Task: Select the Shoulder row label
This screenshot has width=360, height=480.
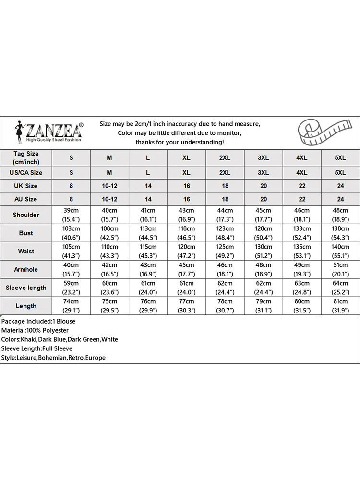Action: click(x=26, y=215)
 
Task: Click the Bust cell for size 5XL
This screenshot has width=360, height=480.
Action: click(x=340, y=233)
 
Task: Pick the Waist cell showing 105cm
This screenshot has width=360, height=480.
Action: click(x=71, y=252)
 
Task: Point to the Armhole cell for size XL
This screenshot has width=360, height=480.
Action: click(x=187, y=270)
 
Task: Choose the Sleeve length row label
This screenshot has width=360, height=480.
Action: click(x=26, y=288)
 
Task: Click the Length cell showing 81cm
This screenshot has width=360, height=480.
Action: click(x=340, y=306)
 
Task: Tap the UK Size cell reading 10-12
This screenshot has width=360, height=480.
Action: click(x=109, y=186)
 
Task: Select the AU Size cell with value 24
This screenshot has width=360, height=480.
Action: click(x=340, y=199)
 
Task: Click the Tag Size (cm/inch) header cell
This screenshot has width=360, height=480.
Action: click(x=26, y=157)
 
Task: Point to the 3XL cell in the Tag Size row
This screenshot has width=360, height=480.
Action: click(x=264, y=158)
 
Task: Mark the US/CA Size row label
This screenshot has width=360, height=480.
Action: click(x=26, y=173)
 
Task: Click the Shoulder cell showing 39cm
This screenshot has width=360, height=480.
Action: click(x=71, y=215)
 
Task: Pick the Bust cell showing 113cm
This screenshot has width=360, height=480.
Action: click(x=148, y=233)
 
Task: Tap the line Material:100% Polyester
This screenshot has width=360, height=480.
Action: click(x=35, y=330)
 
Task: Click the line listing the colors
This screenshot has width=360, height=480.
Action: click(x=59, y=339)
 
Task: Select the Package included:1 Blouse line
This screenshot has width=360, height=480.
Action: click(x=38, y=321)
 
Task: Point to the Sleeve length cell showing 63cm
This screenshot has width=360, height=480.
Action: click(x=302, y=288)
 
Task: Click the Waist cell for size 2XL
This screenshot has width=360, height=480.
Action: click(x=225, y=252)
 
